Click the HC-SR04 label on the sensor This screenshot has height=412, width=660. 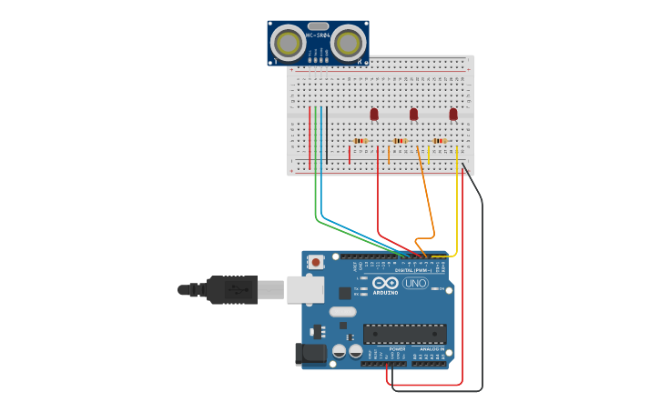[318, 36]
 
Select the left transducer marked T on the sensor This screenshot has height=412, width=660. [289, 42]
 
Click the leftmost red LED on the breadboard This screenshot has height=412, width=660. [374, 114]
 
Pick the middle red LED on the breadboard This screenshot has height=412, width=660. [413, 114]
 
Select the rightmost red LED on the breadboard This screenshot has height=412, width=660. [453, 114]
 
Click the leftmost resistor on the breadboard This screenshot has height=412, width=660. [360, 141]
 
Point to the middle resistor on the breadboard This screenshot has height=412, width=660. [400, 141]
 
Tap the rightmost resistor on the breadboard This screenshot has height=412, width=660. [440, 141]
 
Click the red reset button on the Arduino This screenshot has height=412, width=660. [316, 262]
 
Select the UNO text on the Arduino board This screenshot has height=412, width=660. [416, 284]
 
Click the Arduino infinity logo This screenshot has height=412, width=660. [386, 283]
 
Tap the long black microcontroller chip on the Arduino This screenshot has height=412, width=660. [405, 334]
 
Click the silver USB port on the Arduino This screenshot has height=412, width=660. [305, 289]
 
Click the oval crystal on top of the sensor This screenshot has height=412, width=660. [318, 26]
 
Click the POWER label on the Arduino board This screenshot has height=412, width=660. [398, 348]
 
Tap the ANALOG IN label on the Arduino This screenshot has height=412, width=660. [431, 348]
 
